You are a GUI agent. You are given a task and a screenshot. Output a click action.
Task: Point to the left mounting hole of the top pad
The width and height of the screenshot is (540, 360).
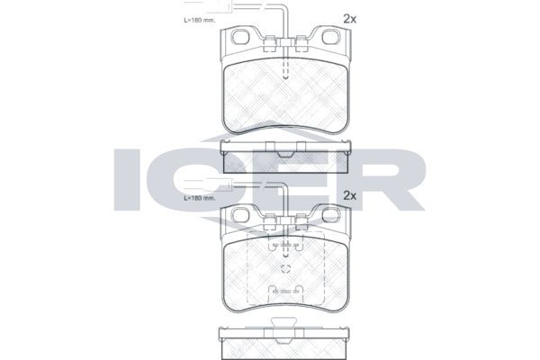[x=239, y=39]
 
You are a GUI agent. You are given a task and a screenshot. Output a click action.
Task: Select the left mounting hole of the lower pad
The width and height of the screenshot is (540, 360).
[x=239, y=216]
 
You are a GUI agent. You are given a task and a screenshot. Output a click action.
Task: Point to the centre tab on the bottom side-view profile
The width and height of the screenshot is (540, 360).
[x=284, y=329]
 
